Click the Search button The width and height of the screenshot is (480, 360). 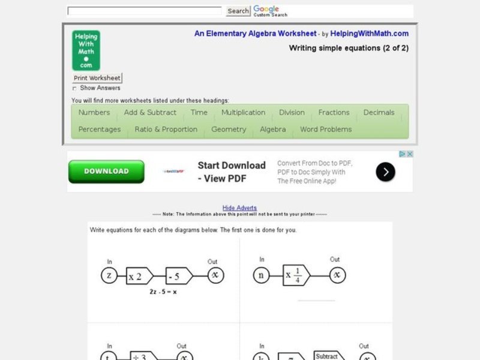tap(238, 11)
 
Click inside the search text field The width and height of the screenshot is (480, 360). tap(145, 11)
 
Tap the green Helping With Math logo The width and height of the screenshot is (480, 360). tap(86, 50)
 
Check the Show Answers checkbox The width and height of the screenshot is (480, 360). tap(75, 88)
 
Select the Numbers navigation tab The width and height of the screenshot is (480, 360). tap(94, 113)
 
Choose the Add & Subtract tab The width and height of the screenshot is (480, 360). tap(150, 113)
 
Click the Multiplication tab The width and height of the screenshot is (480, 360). tap(243, 113)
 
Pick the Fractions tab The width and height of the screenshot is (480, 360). tap(334, 113)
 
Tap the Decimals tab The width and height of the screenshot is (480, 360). tap(379, 113)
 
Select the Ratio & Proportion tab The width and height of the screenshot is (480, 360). tap(166, 130)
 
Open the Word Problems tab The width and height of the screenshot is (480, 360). tap(326, 130)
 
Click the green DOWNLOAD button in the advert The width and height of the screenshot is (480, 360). tap(106, 171)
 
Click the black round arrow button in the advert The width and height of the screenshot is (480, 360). tap(385, 172)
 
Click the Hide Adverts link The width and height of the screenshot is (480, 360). tap(239, 208)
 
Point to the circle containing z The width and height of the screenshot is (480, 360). tap(109, 275)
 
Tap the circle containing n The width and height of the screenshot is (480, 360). tap(261, 275)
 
